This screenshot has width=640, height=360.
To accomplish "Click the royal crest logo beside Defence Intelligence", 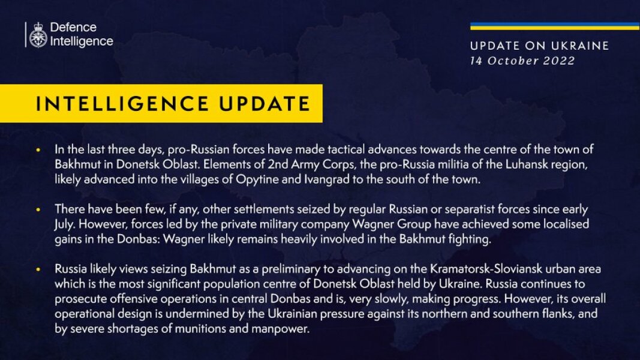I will [x=38, y=34].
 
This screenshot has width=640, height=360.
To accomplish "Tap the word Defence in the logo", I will [x=73, y=28].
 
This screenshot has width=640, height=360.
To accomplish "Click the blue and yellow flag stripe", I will [x=554, y=26].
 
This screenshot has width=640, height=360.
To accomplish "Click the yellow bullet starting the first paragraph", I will [x=39, y=149].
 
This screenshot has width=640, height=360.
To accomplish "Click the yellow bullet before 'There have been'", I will [x=39, y=209].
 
